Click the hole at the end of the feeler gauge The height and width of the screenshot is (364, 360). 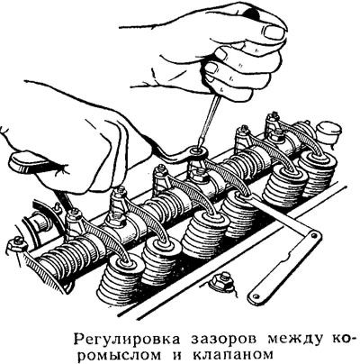pos(311,237)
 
